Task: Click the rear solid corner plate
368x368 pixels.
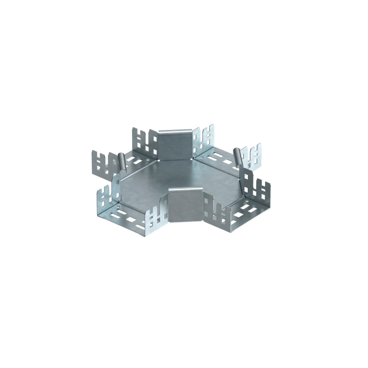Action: [175, 145]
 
